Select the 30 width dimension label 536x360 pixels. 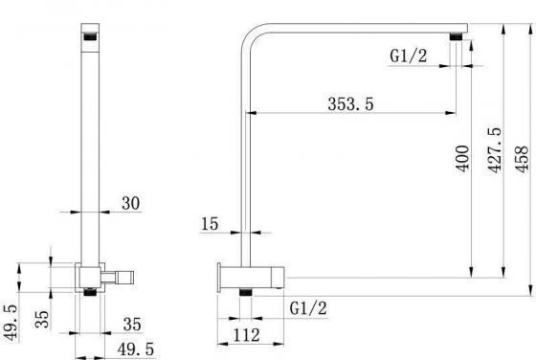(x=131, y=202)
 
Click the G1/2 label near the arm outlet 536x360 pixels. (x=409, y=56)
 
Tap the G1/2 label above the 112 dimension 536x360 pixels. (x=306, y=307)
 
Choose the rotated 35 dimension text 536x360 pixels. (x=43, y=318)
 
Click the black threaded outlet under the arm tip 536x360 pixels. (x=463, y=38)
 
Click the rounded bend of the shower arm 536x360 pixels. (x=251, y=37)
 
